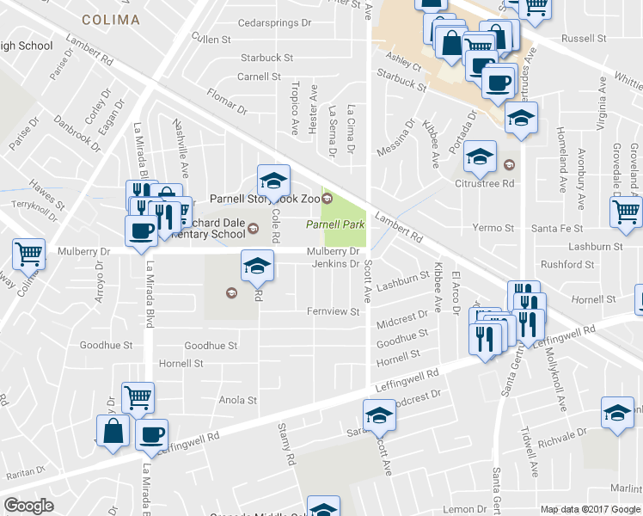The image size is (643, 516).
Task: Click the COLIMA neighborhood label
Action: click(x=112, y=19)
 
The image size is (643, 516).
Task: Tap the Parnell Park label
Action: click(x=334, y=224)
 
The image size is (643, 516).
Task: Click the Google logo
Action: click(x=28, y=506)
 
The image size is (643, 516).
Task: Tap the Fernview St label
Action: click(x=334, y=311)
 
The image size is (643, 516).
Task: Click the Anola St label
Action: click(x=238, y=400)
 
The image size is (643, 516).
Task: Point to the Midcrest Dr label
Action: click(x=402, y=319)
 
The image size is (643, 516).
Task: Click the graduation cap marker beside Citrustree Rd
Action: click(x=481, y=157)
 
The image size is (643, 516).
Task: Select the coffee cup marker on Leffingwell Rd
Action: click(x=151, y=434)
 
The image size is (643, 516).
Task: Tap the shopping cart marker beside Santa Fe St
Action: click(x=626, y=212)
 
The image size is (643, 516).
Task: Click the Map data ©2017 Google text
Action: click(x=591, y=509)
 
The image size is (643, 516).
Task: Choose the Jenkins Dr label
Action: click(x=334, y=263)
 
